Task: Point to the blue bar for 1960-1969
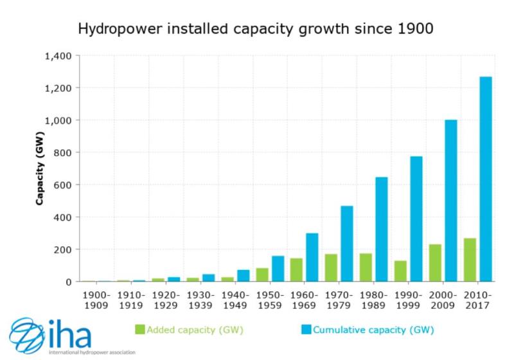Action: (312, 256)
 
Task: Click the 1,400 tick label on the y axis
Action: (58, 56)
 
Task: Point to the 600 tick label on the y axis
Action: (64, 185)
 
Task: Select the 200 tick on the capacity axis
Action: (64, 249)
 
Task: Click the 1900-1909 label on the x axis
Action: (97, 299)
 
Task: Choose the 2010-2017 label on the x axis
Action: (477, 299)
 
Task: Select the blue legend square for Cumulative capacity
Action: (306, 330)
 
